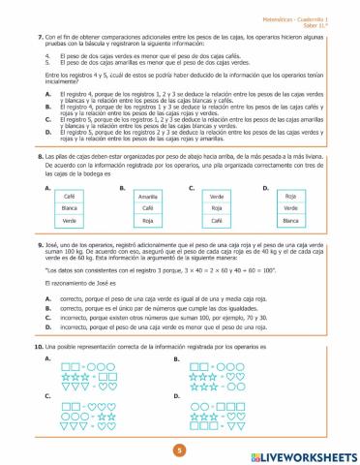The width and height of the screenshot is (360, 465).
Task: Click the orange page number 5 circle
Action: click(x=179, y=449)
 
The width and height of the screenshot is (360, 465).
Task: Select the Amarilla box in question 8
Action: click(x=148, y=196)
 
